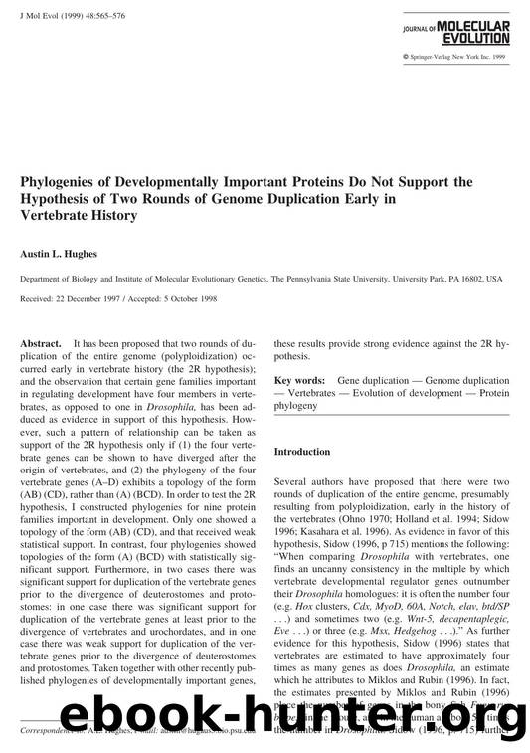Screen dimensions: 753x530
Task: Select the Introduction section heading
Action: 303,451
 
